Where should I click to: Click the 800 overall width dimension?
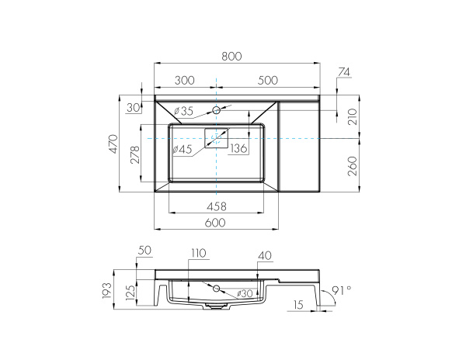(231, 56)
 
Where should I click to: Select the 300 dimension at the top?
(184, 80)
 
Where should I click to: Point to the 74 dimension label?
(345, 72)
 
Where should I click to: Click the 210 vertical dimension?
(352, 116)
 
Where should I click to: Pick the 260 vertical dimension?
(352, 164)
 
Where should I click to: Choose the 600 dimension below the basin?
(215, 223)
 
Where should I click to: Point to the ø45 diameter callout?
(182, 149)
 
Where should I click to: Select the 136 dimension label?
(238, 149)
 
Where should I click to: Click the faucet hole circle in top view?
(217, 110)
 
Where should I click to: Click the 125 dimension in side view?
(131, 293)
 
